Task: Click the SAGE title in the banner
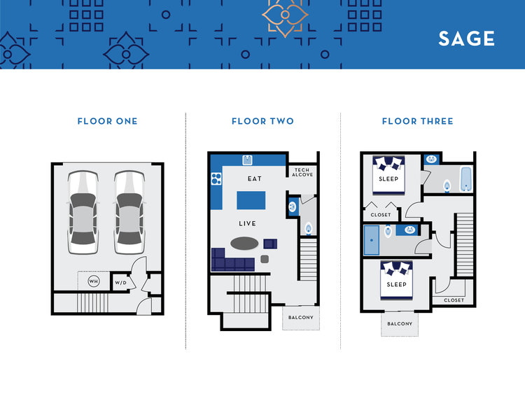click(x=466, y=38)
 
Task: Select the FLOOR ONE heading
click(x=107, y=121)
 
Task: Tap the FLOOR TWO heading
click(x=262, y=121)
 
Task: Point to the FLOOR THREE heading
click(x=417, y=121)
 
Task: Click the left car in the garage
click(x=83, y=213)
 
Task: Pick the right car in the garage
click(x=128, y=213)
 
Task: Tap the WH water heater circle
click(x=93, y=281)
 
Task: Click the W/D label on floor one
click(x=121, y=283)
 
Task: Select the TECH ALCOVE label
click(x=302, y=172)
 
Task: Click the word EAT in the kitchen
click(x=255, y=179)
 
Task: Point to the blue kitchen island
click(x=251, y=201)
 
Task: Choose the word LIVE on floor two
click(x=247, y=224)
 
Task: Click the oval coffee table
click(x=244, y=244)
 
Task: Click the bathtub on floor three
click(x=467, y=179)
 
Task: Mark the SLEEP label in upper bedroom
click(x=388, y=179)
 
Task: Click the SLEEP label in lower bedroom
click(x=396, y=285)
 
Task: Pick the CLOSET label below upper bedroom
click(x=381, y=215)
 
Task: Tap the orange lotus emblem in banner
click(x=284, y=15)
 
